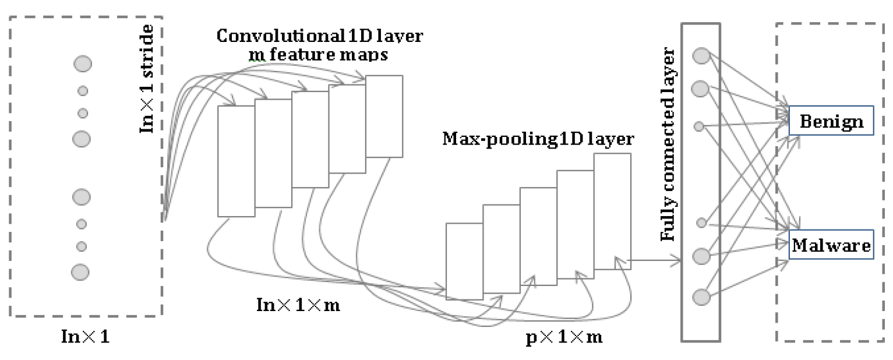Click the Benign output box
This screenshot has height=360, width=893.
[831, 122]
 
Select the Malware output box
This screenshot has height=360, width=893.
[831, 245]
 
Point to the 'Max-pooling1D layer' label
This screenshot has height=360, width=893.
[538, 139]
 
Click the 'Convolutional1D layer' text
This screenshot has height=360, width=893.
[320, 37]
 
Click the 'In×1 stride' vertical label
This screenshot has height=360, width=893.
[147, 79]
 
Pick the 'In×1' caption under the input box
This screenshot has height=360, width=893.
[85, 337]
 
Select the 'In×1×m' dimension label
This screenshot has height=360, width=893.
[298, 303]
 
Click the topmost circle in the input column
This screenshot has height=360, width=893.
[82, 63]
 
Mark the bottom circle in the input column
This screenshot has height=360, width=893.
[80, 271]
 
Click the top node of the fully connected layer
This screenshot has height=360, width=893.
[701, 55]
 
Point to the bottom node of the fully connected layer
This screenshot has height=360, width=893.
[701, 297]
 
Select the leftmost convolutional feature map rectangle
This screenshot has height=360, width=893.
[236, 161]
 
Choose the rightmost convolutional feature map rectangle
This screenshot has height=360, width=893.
[384, 116]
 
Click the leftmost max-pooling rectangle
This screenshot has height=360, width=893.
[464, 260]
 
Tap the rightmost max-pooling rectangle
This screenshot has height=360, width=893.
[612, 211]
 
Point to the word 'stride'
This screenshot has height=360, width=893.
[147, 47]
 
